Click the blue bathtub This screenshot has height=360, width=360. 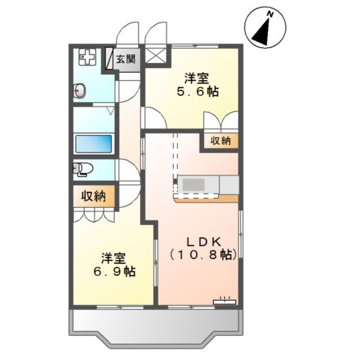click(x=94, y=142)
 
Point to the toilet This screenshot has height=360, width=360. click(x=80, y=168)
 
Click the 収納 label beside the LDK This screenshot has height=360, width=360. click(x=220, y=141)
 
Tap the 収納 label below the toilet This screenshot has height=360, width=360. click(x=94, y=196)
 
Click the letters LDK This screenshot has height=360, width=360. click(x=202, y=241)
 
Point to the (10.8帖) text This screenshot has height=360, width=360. click(x=202, y=255)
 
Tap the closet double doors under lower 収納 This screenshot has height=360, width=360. click(x=94, y=214)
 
